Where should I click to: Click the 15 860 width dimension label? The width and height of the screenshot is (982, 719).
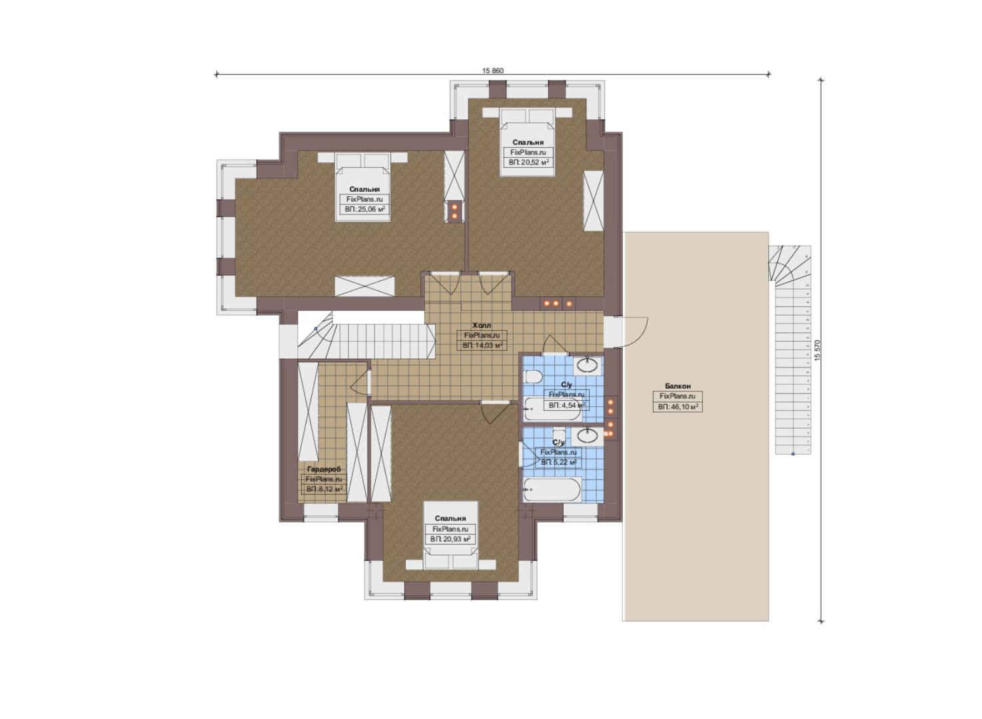pyautogui.click(x=493, y=71)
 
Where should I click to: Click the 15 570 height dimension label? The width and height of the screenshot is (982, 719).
pyautogui.click(x=817, y=351)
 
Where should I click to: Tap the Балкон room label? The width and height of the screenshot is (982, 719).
pyautogui.click(x=678, y=386)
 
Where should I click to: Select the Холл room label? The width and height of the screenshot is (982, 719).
pyautogui.click(x=482, y=326)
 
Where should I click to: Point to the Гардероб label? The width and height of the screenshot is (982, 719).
pyautogui.click(x=324, y=469)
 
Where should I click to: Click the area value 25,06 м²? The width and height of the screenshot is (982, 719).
pyautogui.click(x=364, y=210)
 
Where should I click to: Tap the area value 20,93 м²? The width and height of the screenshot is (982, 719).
pyautogui.click(x=450, y=539)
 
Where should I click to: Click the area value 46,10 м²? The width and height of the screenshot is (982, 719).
pyautogui.click(x=678, y=407)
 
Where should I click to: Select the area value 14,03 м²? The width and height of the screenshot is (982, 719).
pyautogui.click(x=482, y=346)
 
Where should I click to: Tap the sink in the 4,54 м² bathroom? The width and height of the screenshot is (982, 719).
pyautogui.click(x=588, y=365)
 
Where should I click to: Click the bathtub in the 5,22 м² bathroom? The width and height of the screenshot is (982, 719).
pyautogui.click(x=552, y=489)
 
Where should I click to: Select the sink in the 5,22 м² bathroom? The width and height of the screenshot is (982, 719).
pyautogui.click(x=588, y=436)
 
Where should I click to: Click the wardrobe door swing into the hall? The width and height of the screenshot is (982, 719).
pyautogui.click(x=360, y=381)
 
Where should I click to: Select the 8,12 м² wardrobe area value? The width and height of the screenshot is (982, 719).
pyautogui.click(x=324, y=489)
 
